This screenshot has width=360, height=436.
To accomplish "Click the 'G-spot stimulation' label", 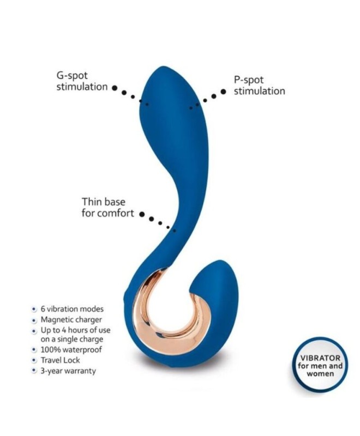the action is pos(82,81).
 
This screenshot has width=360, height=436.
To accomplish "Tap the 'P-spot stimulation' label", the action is pos(259,86).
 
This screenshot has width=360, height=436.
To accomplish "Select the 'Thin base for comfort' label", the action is pos(107,208).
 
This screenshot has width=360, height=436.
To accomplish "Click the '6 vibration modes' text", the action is pos(72,309).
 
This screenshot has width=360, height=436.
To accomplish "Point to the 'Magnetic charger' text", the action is pos(71,320).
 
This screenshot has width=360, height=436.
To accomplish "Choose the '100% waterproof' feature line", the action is pos(71,349).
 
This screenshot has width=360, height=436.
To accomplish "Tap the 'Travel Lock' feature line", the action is pos(61,360).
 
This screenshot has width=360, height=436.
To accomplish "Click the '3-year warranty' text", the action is pos(68,371).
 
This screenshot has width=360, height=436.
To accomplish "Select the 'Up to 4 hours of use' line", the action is pos(75,330).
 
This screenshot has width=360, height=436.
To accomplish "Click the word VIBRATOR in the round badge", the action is pos(320,358).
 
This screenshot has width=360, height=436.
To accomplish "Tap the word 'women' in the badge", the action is pos(320,373).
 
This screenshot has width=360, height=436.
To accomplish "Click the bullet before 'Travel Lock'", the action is pos(34,360).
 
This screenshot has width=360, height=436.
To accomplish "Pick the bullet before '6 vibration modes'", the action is pos(34,309).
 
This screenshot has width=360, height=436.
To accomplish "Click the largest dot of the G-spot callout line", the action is pos(115,88).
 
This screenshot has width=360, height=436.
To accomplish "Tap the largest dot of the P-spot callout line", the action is pos(223,92).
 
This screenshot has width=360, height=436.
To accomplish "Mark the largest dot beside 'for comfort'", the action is pos(142,214).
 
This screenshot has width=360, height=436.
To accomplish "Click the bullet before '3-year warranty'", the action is pos(34,371).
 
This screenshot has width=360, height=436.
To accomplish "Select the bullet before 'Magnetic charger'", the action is pos(34,320).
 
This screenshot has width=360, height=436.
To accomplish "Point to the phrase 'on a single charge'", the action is pos(72,340).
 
